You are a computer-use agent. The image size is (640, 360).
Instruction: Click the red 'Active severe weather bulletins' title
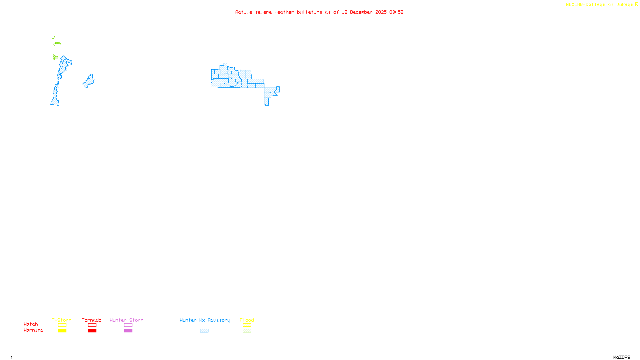(x=319, y=12)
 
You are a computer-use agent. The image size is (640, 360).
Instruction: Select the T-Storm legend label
(x=62, y=320)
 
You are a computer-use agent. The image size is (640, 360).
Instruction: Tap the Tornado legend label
(x=92, y=320)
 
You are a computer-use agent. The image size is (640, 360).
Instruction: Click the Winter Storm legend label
(x=126, y=320)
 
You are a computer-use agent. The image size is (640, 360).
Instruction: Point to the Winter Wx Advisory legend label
(x=205, y=320)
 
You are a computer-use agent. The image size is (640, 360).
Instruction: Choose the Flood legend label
(x=247, y=320)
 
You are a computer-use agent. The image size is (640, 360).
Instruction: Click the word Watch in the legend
(x=31, y=324)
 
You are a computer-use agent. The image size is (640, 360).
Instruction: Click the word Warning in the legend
(x=34, y=330)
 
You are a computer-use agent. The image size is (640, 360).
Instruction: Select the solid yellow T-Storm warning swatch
(x=62, y=331)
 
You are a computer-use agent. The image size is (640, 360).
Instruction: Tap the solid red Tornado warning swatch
(x=92, y=331)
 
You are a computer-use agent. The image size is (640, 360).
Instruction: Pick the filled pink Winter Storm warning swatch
(x=128, y=331)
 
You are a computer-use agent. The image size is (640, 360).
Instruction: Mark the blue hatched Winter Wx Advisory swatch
(x=204, y=331)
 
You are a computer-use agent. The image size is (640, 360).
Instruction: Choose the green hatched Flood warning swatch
(x=247, y=331)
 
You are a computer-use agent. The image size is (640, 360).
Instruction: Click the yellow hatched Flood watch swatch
(x=247, y=325)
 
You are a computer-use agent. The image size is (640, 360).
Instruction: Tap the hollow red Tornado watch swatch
(x=92, y=325)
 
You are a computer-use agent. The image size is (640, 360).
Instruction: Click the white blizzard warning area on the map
(x=230, y=56)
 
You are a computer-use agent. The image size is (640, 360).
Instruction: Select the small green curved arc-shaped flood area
(x=58, y=43)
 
